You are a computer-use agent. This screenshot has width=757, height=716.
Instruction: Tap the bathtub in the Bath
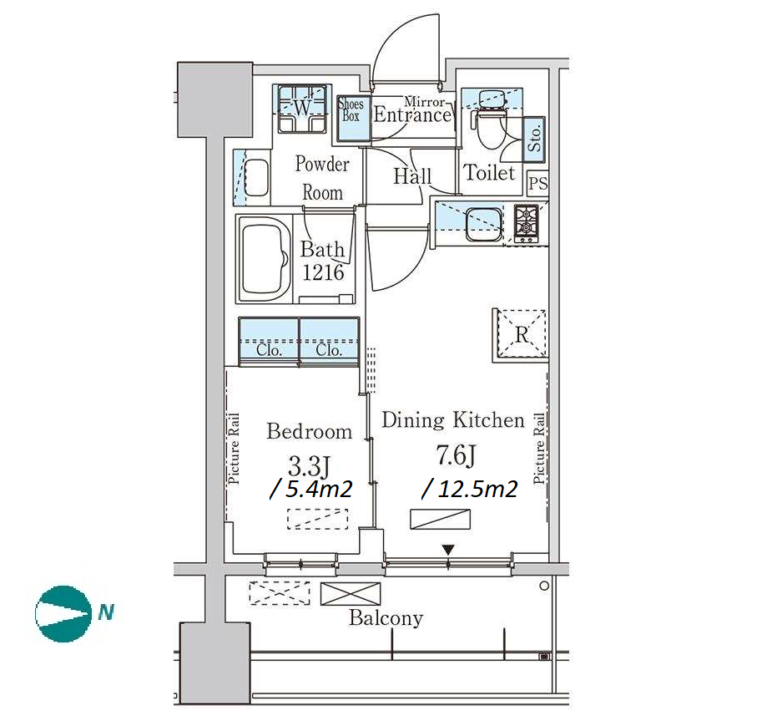point(264,258)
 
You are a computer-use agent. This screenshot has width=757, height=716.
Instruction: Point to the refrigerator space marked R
point(521,335)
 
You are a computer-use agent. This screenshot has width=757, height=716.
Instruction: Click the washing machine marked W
point(302,109)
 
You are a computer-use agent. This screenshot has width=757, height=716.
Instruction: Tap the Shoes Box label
point(351,109)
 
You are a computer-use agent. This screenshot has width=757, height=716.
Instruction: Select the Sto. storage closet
point(534,140)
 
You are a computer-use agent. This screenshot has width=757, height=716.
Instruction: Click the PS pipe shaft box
point(537,184)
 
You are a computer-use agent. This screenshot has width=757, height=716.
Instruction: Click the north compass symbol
point(63,613)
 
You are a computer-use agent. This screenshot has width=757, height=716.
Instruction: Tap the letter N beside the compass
point(106,612)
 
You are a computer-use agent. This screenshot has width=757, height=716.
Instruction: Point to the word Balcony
point(386,618)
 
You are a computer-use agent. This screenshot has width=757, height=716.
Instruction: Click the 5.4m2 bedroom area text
point(311,490)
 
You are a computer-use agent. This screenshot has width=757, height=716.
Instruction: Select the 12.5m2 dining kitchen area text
point(470,490)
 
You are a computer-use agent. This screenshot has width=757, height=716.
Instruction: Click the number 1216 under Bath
point(323,272)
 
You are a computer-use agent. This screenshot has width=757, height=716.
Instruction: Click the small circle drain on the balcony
point(544,586)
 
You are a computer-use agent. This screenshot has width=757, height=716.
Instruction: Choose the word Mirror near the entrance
point(424,102)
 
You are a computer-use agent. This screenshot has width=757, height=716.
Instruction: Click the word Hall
point(412,176)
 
